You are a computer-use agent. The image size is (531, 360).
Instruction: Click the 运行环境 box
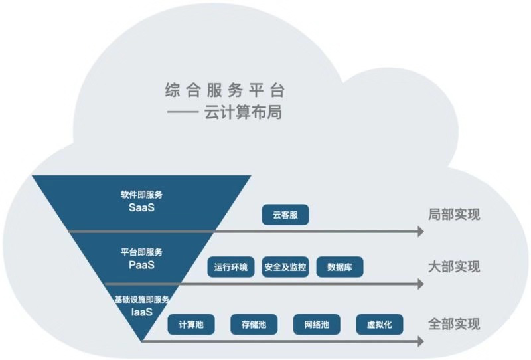pos(230,267)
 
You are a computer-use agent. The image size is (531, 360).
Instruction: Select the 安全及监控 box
pos(285,267)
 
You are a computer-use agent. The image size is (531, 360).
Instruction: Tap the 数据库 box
pos(340,267)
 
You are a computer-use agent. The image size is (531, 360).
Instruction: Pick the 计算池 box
pos(192,324)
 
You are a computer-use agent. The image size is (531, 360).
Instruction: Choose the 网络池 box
pos(316,324)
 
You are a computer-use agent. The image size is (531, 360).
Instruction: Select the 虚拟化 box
pos(379,324)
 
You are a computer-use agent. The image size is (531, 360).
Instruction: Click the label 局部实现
pos(453,215)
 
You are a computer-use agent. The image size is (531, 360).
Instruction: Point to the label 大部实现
pos(453,266)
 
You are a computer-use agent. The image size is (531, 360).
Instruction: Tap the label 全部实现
pos(453,324)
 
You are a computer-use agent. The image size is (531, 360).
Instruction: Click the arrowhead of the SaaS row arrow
pos(419,231)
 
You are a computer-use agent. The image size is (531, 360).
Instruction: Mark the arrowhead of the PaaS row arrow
pos(419,284)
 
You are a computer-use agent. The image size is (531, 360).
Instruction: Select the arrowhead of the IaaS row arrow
pos(419,341)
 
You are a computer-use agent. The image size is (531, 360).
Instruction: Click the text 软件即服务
pos(141,195)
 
